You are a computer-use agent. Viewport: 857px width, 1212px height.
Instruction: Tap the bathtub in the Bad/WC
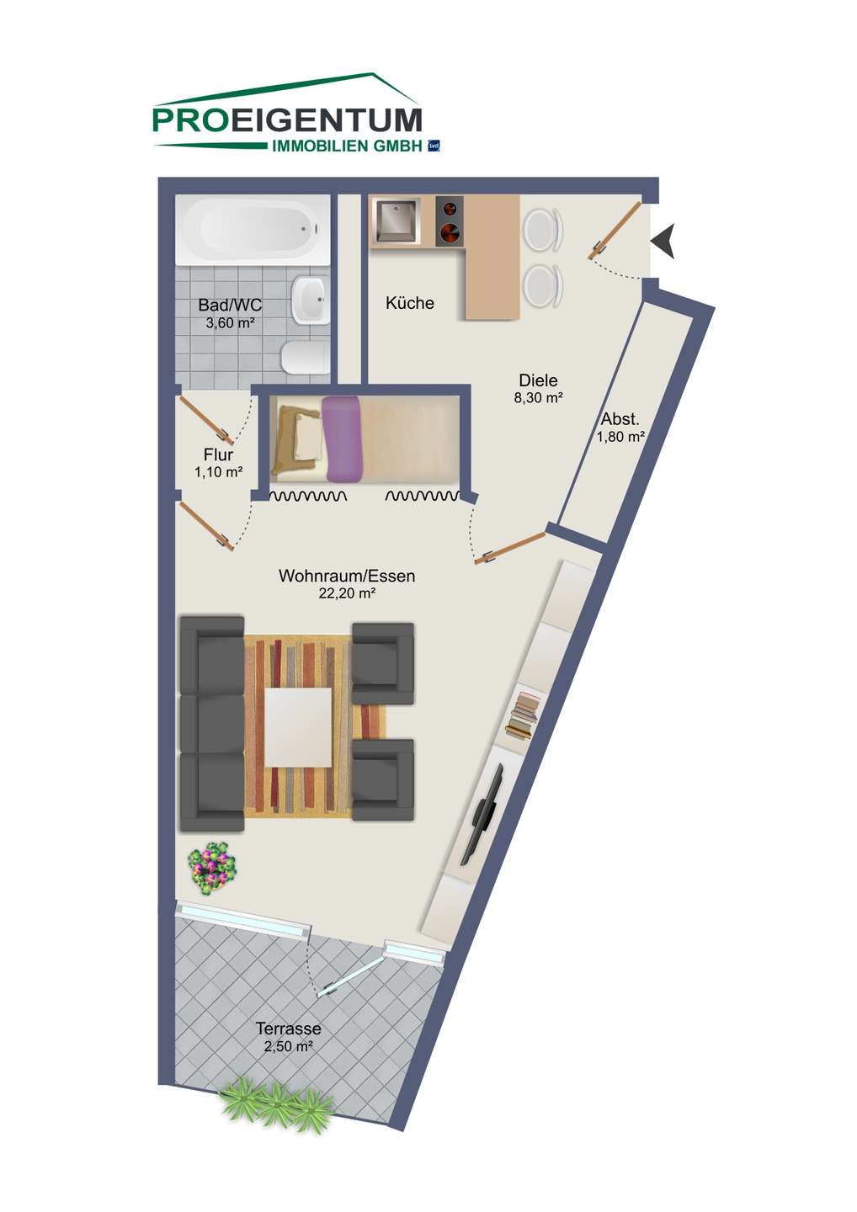252,230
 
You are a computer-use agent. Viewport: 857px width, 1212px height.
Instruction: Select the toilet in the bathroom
306,357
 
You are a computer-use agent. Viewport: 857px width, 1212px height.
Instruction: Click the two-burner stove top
449,221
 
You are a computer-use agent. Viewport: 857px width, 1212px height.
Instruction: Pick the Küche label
410,303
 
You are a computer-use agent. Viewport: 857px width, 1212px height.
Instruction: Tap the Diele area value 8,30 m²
538,397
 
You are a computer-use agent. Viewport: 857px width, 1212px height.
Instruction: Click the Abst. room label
620,419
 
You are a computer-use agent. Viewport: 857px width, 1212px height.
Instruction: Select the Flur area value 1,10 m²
218,472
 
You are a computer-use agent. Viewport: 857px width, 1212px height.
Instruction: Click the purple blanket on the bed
342,439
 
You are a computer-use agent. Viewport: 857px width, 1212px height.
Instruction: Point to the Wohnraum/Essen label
347,576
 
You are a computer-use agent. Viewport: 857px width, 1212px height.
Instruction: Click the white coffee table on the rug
298,726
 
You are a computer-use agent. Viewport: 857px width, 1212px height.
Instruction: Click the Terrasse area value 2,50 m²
289,1046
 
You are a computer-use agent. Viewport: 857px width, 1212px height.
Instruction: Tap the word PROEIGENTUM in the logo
287,120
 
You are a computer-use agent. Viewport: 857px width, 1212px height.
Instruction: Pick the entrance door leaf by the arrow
615,231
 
